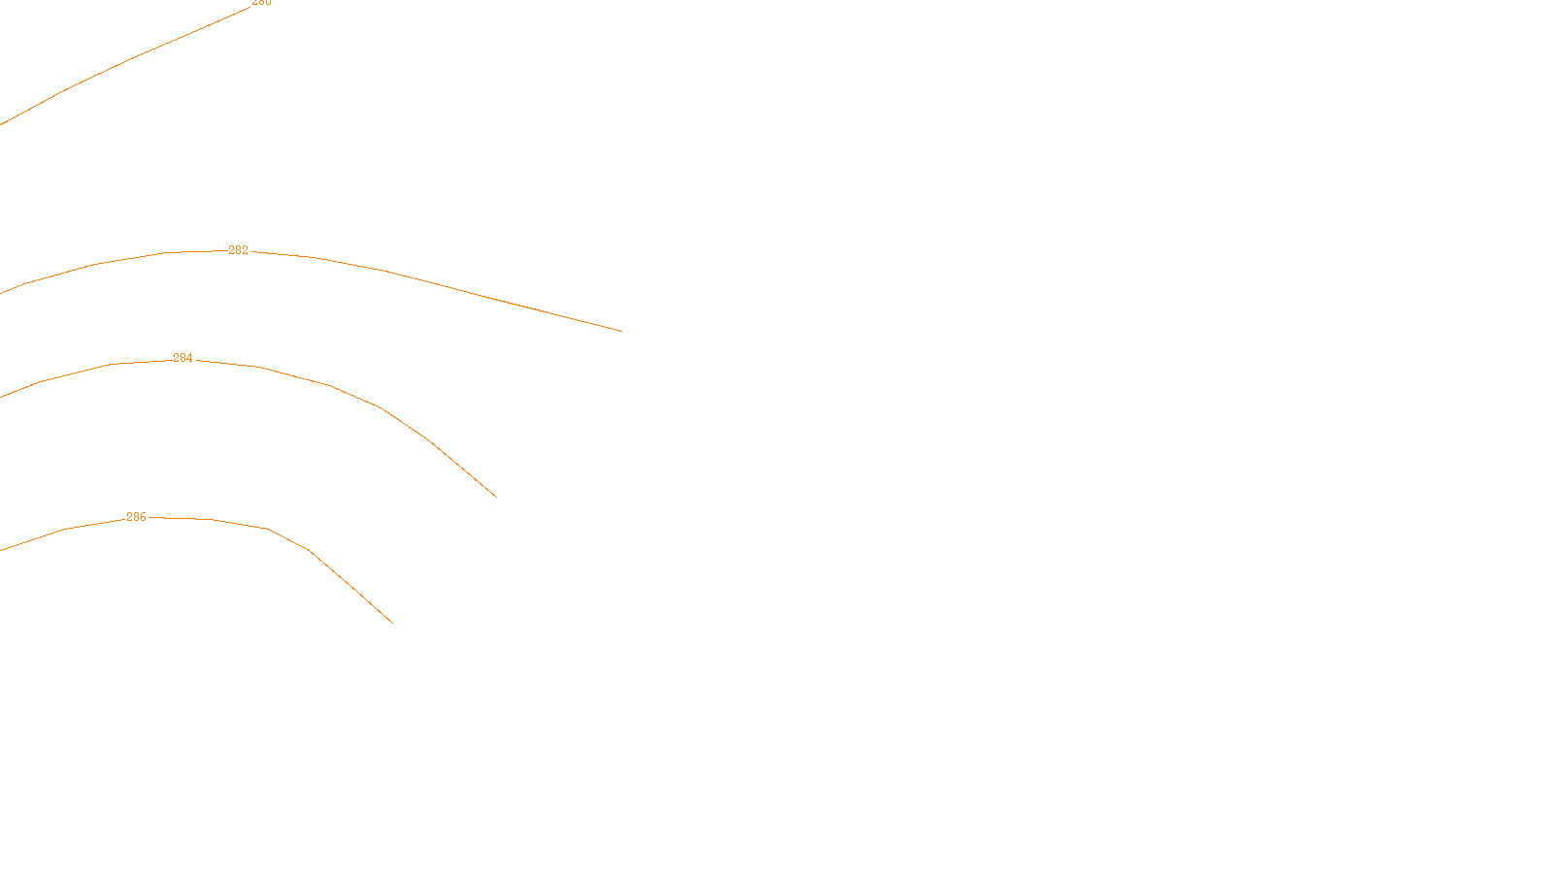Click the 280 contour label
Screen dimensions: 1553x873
pos(261,2)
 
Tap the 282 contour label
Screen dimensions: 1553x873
pos(238,250)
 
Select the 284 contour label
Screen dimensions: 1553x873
pos(182,358)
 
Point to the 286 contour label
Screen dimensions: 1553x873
pos(136,517)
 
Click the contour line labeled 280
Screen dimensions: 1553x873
pos(131,58)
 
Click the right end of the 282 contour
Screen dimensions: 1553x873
pos(621,331)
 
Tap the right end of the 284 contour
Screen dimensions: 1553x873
pos(496,497)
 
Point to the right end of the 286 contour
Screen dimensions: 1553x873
pos(393,623)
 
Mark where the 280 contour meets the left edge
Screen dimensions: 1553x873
pos(1,124)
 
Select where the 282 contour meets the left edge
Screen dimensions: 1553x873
pos(1,292)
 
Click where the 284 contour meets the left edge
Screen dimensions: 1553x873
pos(1,397)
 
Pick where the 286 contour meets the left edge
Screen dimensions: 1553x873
pos(1,550)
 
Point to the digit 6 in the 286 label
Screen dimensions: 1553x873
pos(143,517)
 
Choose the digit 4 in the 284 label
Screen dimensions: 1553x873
pos(189,358)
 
